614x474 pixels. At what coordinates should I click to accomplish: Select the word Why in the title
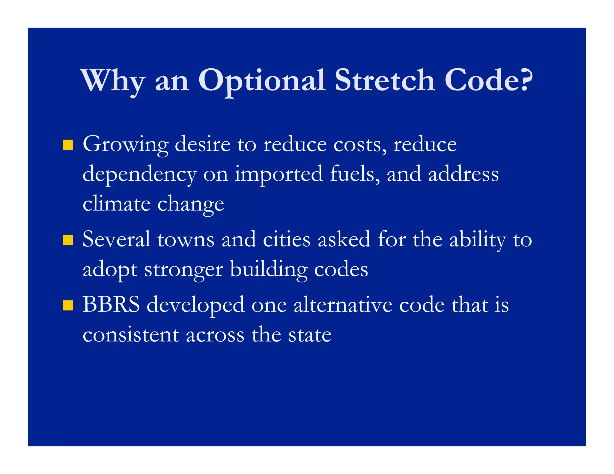(x=113, y=81)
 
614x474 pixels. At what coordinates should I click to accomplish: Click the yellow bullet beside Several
(x=68, y=240)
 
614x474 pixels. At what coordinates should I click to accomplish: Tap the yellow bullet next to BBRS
(x=68, y=305)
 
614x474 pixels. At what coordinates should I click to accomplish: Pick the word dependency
(x=139, y=175)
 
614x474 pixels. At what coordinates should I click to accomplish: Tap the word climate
(x=116, y=204)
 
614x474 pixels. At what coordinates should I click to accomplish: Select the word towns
(x=186, y=240)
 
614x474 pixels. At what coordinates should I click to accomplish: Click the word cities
(x=286, y=240)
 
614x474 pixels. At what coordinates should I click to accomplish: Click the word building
(x=269, y=269)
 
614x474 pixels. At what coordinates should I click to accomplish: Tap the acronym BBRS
(x=111, y=305)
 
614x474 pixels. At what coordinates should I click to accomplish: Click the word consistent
(x=131, y=335)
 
